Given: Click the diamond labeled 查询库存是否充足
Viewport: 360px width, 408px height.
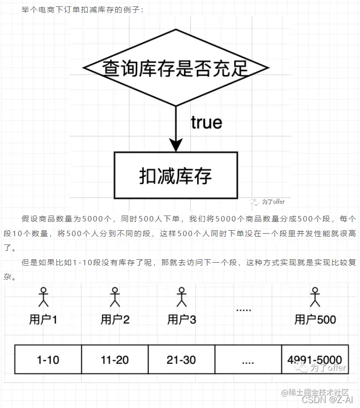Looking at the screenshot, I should click(x=176, y=68).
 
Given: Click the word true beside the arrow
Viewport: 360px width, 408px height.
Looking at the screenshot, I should click(x=206, y=122).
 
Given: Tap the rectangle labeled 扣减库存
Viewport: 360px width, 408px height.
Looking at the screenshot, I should click(x=176, y=176).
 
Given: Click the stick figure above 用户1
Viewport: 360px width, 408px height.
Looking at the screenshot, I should click(x=44, y=297).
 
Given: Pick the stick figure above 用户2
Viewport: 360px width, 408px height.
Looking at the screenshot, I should click(x=115, y=297).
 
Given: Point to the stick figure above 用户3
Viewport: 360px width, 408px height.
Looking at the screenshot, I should click(x=181, y=297).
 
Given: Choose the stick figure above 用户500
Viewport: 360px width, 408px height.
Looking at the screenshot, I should click(x=315, y=297).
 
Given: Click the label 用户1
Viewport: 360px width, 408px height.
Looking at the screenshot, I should click(x=44, y=320).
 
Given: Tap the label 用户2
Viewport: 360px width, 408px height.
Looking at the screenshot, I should click(x=115, y=320).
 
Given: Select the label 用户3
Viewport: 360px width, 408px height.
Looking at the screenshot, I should click(x=181, y=320).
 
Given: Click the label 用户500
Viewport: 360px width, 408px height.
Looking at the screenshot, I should click(x=315, y=320).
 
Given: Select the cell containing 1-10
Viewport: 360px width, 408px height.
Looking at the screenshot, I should click(x=48, y=360).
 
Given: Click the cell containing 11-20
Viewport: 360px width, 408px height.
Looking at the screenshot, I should click(x=115, y=360).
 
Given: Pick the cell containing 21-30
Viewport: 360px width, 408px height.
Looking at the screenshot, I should click(x=181, y=360).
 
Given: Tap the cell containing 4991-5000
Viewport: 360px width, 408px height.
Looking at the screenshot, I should click(x=315, y=360).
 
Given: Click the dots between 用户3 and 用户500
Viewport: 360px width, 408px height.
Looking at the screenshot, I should click(x=244, y=310).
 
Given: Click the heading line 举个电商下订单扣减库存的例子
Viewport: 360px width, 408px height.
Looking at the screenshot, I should click(x=83, y=10).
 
